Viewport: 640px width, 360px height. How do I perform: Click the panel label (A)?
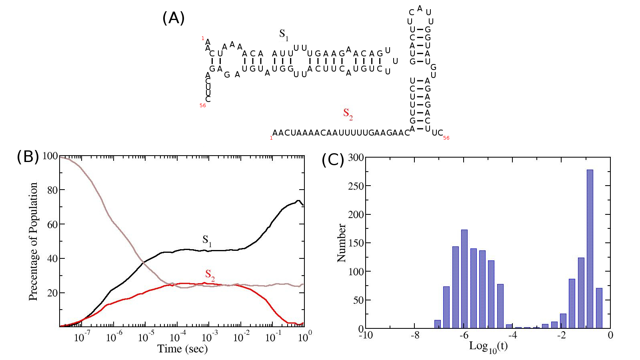(x=173, y=18)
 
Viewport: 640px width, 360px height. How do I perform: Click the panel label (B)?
(x=28, y=156)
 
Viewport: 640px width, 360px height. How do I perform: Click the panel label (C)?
(x=333, y=160)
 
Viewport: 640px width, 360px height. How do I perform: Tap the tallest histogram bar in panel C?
(x=590, y=248)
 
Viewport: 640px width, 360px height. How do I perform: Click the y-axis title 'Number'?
(x=342, y=243)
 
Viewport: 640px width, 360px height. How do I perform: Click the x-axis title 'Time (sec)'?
(x=182, y=349)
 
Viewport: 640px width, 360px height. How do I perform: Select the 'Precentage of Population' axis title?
(x=33, y=242)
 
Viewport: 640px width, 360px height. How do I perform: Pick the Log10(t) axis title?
(x=488, y=346)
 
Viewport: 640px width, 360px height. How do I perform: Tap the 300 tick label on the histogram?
(x=356, y=158)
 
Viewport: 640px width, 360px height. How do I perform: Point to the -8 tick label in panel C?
(x=415, y=335)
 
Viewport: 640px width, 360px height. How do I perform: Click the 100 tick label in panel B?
(x=50, y=156)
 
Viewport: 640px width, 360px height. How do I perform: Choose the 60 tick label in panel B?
(x=52, y=224)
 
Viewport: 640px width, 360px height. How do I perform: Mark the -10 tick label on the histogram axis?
(x=366, y=335)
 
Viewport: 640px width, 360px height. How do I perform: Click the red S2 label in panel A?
(x=348, y=114)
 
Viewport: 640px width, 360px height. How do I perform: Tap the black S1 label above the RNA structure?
(x=284, y=35)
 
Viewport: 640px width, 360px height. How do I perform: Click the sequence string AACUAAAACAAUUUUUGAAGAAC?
(x=341, y=133)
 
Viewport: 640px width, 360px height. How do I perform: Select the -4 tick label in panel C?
(x=512, y=335)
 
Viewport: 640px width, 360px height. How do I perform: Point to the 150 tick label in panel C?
(x=356, y=243)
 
